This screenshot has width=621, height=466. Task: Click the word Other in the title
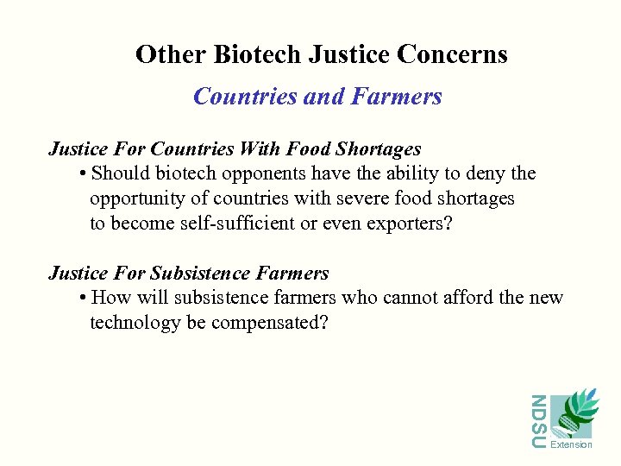pyautogui.click(x=171, y=55)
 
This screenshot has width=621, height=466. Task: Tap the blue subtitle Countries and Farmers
pyautogui.click(x=317, y=97)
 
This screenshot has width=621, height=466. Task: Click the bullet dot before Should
pyautogui.click(x=80, y=174)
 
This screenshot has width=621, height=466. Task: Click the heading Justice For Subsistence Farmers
pyautogui.click(x=188, y=274)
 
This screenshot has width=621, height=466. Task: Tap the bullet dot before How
pyautogui.click(x=80, y=299)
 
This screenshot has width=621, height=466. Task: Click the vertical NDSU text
pyautogui.click(x=538, y=422)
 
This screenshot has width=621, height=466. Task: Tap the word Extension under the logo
pyautogui.click(x=571, y=445)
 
